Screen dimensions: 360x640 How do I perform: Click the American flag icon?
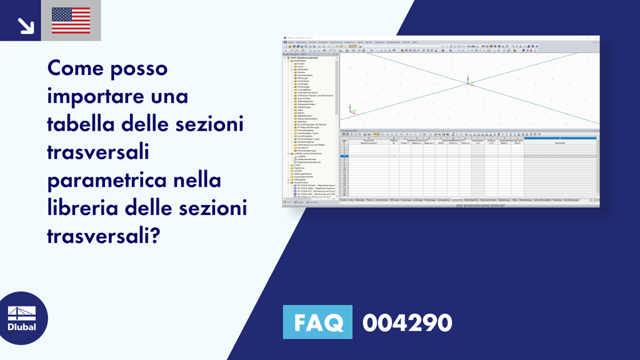(x=71, y=20)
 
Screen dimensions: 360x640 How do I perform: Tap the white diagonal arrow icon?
(x=26, y=25)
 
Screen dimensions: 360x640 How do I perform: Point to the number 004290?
(x=407, y=323)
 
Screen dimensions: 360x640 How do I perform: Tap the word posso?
(x=141, y=69)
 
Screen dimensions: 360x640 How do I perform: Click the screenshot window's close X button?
(x=597, y=38)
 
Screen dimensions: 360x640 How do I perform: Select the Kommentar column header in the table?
(x=560, y=143)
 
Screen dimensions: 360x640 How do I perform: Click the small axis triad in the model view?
(x=351, y=111)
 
